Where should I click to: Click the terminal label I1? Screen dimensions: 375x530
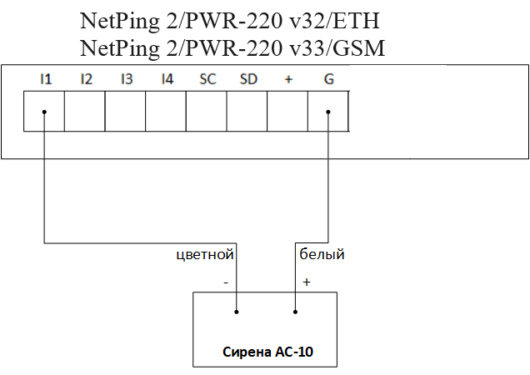point(46,79)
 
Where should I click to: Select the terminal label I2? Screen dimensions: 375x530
point(86,79)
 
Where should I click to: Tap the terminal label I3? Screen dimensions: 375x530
point(126,79)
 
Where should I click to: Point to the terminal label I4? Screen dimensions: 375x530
point(167,79)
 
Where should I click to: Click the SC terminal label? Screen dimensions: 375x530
point(207,79)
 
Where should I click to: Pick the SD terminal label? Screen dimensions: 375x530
point(248,79)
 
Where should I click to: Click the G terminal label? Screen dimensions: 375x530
point(328,79)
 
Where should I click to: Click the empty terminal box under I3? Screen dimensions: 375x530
point(125,112)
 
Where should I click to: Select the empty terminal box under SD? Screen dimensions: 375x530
point(247,112)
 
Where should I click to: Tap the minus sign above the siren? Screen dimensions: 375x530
point(226,282)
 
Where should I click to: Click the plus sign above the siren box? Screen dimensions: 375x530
point(306,282)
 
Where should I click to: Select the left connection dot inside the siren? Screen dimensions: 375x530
point(237,312)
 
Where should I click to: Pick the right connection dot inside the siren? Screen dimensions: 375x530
point(297,312)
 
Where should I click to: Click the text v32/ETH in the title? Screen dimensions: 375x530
point(332,20)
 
